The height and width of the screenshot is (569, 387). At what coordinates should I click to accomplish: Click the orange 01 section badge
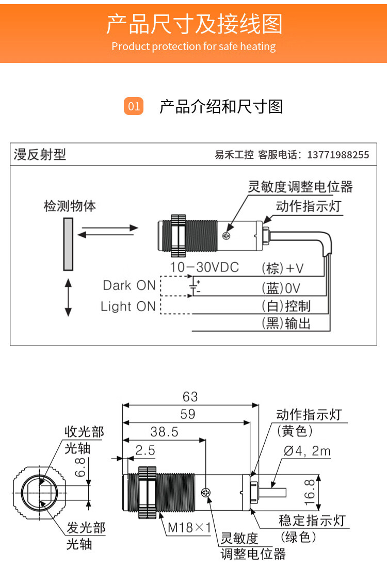click(x=134, y=106)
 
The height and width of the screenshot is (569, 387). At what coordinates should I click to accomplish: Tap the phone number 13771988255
click(x=338, y=155)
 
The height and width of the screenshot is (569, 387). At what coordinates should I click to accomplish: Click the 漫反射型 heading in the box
click(x=40, y=154)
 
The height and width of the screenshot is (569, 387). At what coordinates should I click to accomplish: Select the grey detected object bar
click(x=68, y=243)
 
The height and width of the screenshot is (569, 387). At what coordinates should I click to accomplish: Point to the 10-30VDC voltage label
click(x=205, y=267)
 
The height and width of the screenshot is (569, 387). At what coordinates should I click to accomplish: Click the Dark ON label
click(x=129, y=285)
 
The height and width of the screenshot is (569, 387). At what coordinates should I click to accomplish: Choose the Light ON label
click(x=128, y=306)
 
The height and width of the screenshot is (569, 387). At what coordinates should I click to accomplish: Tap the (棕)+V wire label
click(x=283, y=268)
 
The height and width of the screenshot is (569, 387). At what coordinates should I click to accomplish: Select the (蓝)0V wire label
click(x=281, y=288)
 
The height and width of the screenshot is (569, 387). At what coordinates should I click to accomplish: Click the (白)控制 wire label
click(x=286, y=306)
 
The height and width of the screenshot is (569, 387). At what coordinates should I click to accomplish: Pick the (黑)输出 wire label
click(x=286, y=324)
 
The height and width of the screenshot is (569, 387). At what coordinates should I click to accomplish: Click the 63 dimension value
click(x=190, y=396)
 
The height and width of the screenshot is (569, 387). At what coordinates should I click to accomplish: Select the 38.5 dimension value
click(x=164, y=432)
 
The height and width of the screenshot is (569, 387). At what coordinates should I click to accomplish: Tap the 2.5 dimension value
click(x=145, y=450)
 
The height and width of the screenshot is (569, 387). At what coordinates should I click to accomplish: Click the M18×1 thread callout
click(x=189, y=528)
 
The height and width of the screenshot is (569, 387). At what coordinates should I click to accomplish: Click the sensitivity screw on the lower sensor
click(x=206, y=493)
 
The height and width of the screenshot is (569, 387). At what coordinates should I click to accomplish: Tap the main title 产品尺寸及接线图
click(x=194, y=24)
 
